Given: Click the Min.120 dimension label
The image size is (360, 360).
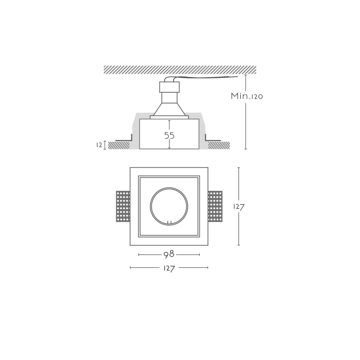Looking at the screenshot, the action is (247, 96).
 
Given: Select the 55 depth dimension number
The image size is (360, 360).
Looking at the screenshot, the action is (170, 135).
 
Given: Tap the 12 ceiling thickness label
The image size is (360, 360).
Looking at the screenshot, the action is (99, 145).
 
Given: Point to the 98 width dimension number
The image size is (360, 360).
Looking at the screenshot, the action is (169, 254).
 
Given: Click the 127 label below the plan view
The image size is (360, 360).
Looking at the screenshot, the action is (169, 268).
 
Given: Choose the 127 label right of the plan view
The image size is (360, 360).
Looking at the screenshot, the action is (239, 207).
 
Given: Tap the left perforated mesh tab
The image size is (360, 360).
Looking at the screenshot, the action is (123, 207).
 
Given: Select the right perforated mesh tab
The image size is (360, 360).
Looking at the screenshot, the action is (215, 207).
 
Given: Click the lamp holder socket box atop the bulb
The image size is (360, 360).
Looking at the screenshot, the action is (170, 87).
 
